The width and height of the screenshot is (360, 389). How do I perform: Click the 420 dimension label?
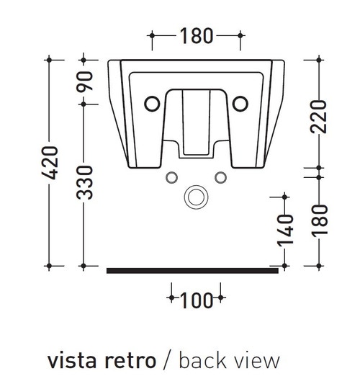50,163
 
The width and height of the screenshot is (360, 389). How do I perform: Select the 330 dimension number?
84,183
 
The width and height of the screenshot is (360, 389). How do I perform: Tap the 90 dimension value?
84,81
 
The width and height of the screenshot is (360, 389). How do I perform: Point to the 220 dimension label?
319,117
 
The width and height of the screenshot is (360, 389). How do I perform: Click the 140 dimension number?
285,231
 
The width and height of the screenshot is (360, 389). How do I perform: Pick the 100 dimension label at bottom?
196,300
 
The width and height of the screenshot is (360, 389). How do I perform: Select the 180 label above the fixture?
196,36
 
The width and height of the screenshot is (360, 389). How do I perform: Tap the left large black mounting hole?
152,104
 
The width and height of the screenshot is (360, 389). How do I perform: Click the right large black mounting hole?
240,104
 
